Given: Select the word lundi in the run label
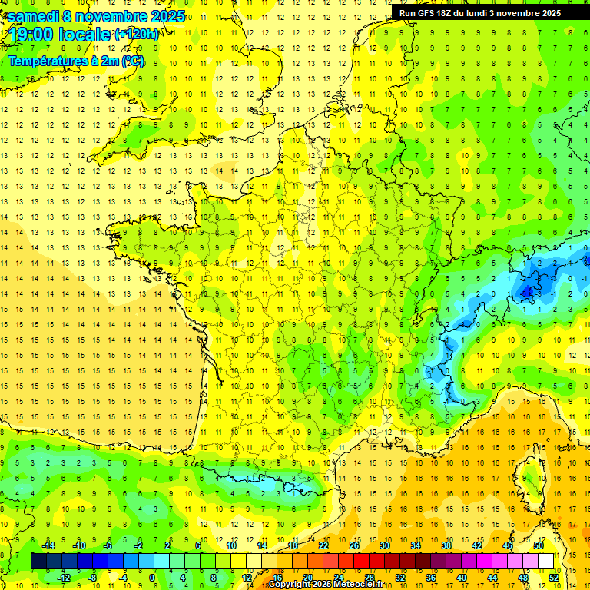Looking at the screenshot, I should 482,13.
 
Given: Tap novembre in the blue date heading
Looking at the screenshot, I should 112,15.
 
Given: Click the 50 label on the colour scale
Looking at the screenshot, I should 538,545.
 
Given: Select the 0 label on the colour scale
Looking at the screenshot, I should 152,578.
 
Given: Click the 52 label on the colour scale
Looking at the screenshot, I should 554,578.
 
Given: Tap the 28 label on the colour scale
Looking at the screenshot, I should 370,578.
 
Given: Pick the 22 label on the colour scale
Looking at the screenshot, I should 323,545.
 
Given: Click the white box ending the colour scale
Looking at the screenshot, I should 546,561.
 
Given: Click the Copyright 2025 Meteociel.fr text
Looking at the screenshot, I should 326,585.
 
